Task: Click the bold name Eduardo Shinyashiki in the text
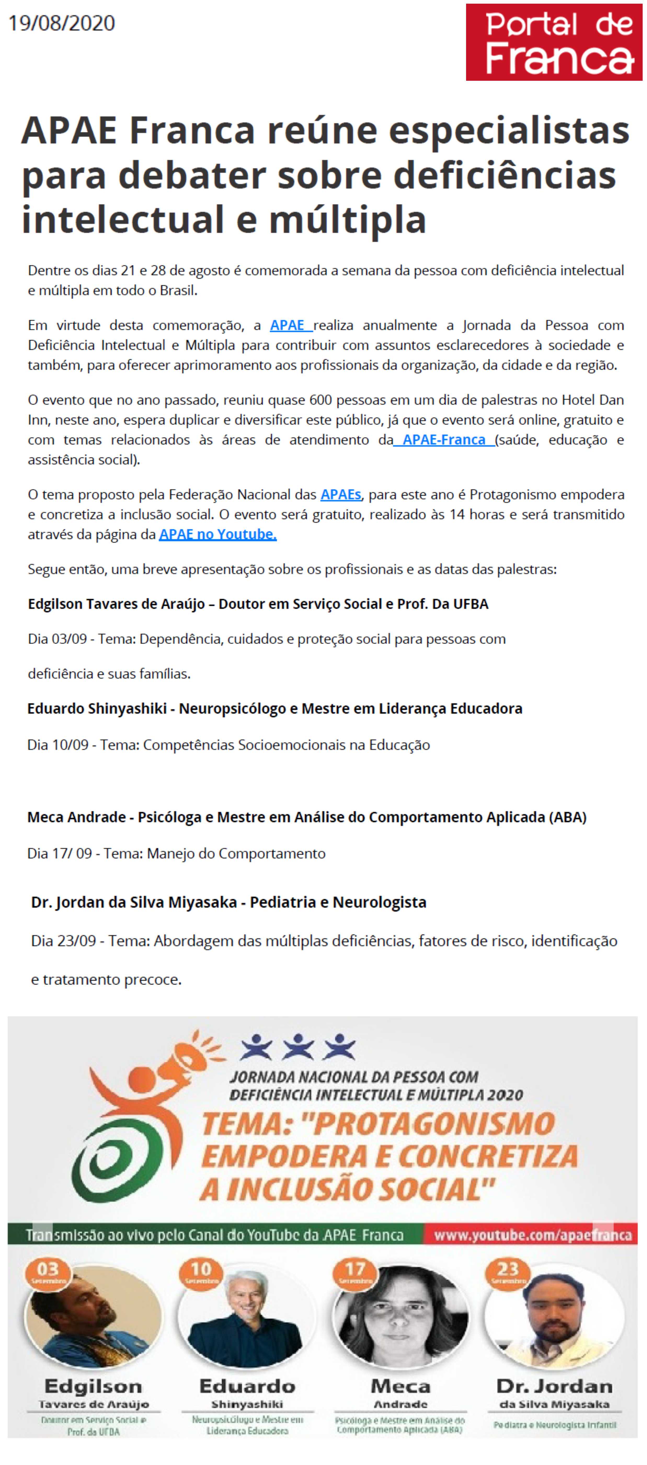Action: (97, 709)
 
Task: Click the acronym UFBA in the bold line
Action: (470, 604)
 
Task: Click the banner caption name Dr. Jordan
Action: (554, 1386)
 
